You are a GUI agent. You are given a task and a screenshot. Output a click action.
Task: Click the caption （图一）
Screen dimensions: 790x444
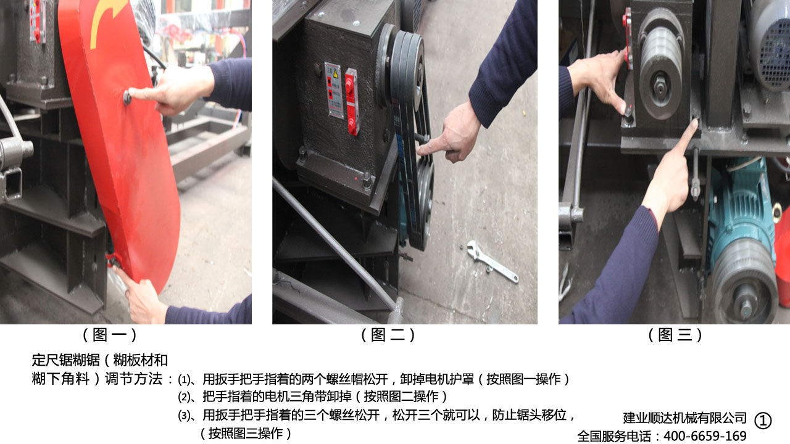coord(110,335)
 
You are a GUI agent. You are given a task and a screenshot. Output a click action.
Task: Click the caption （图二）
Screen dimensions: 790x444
coord(388,335)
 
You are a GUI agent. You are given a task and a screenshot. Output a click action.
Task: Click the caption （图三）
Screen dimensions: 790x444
coord(675,335)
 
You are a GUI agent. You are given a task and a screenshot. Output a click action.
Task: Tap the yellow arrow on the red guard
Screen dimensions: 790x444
coord(106,22)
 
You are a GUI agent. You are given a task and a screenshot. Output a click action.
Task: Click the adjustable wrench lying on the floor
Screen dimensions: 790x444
coord(493,261)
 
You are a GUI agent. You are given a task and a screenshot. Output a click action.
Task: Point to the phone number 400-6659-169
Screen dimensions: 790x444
coord(705,436)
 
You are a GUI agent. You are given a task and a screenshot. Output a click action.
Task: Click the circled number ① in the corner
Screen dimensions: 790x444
coord(763,421)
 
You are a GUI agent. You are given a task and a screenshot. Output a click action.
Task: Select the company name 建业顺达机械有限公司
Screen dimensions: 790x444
coord(684,418)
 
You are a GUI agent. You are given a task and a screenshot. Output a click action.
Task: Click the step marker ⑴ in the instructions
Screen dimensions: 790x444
coord(183,380)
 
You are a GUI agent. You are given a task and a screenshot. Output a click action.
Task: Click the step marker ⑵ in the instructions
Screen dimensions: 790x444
coord(183,398)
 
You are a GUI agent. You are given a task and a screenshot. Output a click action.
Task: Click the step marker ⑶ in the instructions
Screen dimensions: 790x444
coord(183,416)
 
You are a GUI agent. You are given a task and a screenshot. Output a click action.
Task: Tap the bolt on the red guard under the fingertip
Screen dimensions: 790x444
coord(127,97)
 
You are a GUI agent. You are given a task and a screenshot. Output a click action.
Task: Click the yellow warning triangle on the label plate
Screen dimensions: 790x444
coord(335,73)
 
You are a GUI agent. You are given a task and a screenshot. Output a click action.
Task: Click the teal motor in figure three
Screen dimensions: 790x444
coord(740,243)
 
